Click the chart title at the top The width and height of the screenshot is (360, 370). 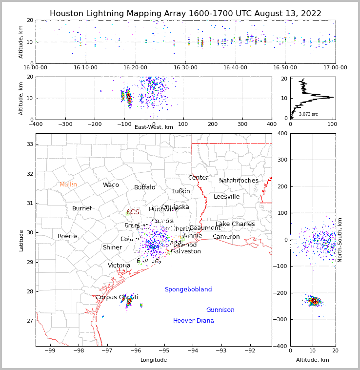(x=185, y=14)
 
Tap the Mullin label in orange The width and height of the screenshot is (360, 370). (x=68, y=185)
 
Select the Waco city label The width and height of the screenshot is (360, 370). (x=111, y=185)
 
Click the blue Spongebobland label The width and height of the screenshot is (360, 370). (x=188, y=289)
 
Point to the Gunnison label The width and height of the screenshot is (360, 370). (x=220, y=310)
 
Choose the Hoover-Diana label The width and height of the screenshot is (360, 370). (x=194, y=321)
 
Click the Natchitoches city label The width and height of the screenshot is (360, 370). (x=239, y=181)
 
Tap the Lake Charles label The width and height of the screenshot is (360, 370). (x=235, y=224)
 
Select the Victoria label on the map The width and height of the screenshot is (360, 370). (x=119, y=266)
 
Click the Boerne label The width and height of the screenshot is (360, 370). (x=68, y=236)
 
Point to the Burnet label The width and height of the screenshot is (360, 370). (x=82, y=208)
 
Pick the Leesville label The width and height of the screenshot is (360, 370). (x=226, y=197)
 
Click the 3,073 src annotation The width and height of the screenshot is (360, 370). (x=308, y=114)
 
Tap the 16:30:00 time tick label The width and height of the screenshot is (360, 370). (x=186, y=68)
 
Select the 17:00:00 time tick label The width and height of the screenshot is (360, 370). (x=335, y=68)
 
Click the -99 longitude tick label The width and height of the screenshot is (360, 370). (x=49, y=351)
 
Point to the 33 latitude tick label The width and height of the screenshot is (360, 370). (x=29, y=144)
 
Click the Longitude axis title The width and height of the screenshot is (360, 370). (x=154, y=360)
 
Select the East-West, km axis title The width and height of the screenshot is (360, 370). (x=154, y=127)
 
